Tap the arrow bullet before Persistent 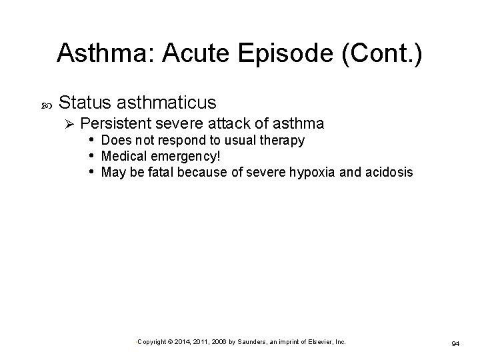coord(67,124)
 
